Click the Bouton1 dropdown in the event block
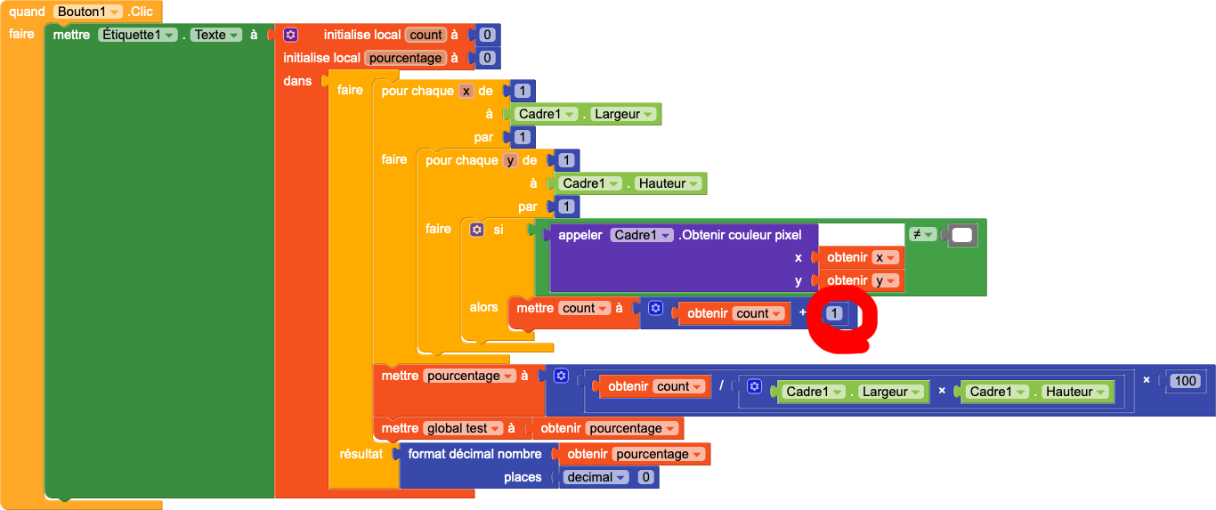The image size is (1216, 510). click(88, 12)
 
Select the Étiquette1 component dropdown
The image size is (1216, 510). click(138, 35)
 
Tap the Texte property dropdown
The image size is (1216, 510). click(216, 35)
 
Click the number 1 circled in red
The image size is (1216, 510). click(834, 313)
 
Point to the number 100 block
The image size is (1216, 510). click(1186, 381)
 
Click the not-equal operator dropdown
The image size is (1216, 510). click(922, 234)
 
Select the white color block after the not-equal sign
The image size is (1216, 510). click(962, 235)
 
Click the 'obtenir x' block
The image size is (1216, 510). click(860, 257)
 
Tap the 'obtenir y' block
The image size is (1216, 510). click(860, 280)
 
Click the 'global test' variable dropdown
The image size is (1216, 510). click(463, 428)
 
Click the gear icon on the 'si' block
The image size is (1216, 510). click(476, 230)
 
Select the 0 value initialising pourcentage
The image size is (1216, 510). click(487, 58)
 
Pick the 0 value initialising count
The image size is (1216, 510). click(487, 35)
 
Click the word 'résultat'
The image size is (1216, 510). click(361, 454)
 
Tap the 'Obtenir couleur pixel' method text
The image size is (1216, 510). click(740, 235)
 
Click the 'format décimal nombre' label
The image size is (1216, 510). click(474, 454)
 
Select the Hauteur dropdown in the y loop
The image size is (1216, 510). click(668, 183)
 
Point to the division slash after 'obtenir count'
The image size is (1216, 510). click(721, 385)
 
